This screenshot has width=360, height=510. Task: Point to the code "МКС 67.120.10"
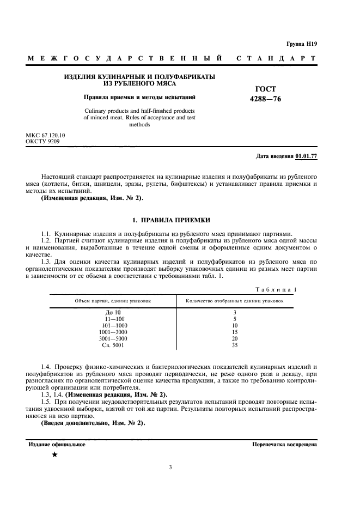46,135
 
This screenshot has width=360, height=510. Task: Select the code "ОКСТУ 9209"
43,141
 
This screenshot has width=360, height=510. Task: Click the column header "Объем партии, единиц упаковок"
113,301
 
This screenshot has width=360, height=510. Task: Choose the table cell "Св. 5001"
113,345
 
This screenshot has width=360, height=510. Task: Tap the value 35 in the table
234,345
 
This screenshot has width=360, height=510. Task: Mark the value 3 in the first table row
234,312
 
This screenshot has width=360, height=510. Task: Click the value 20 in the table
234,338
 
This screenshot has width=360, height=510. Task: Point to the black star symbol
54,454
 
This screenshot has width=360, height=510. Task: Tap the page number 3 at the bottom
170,467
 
